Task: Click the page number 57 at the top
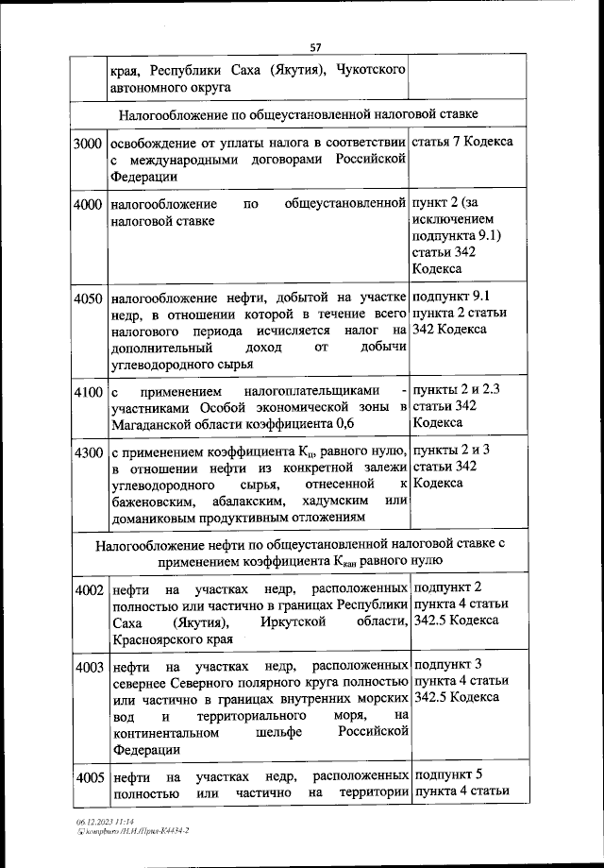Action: (x=315, y=49)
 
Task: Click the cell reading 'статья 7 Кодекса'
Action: (x=462, y=142)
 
